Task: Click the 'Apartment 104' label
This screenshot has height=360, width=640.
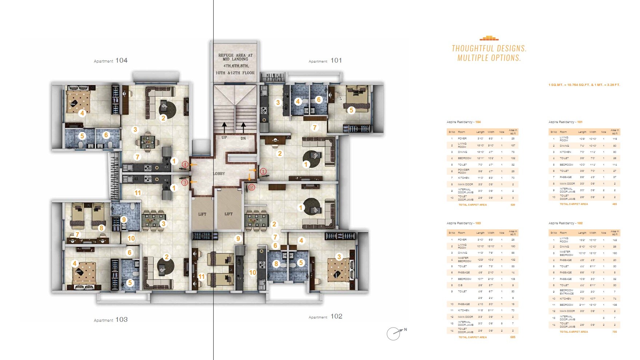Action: (x=111, y=61)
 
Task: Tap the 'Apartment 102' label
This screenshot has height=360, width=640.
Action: (x=325, y=317)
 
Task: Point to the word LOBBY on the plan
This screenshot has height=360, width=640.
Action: (x=219, y=174)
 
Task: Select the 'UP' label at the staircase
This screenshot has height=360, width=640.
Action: (x=224, y=138)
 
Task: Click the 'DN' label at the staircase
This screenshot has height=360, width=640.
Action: (x=243, y=138)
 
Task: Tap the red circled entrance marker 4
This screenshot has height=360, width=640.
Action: (x=185, y=165)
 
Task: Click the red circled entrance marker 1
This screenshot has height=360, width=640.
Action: (x=263, y=171)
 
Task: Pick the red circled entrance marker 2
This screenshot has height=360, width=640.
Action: (x=251, y=187)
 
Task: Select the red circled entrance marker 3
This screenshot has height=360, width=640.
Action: (x=185, y=182)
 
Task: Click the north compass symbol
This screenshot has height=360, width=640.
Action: (x=394, y=333)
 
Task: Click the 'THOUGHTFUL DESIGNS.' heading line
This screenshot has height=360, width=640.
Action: (x=489, y=48)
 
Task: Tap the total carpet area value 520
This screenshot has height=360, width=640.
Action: (x=513, y=205)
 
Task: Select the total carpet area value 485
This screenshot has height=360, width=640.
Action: (x=615, y=204)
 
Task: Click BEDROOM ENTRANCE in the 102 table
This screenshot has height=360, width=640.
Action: (x=567, y=292)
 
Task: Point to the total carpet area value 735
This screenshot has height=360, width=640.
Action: (x=615, y=332)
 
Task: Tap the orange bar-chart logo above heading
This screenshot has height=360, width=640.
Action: (x=489, y=38)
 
